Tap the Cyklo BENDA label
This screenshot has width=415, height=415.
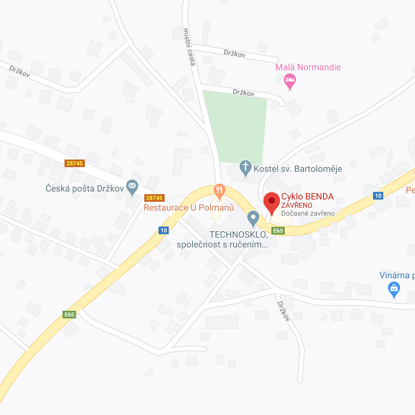pyautogui.click(x=307, y=196)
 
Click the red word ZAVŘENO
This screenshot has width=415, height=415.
pyautogui.click(x=296, y=205)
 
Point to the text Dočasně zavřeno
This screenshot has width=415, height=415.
pyautogui.click(x=308, y=214)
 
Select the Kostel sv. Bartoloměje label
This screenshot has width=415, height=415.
pyautogui.click(x=298, y=169)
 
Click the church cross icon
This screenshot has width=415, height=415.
pyautogui.click(x=245, y=167)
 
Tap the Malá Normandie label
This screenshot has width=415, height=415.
pyautogui.click(x=308, y=67)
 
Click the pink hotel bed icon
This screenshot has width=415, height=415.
pyautogui.click(x=289, y=80)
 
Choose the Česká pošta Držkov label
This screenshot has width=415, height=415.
pyautogui.click(x=85, y=188)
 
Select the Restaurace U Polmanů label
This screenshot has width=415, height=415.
pyautogui.click(x=189, y=207)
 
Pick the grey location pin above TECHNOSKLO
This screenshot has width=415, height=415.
pyautogui.click(x=253, y=218)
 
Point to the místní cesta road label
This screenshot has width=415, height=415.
pyautogui.click(x=189, y=47)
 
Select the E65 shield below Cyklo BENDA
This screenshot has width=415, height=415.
pyautogui.click(x=278, y=231)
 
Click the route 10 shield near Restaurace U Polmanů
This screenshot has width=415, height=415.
pyautogui.click(x=164, y=230)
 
